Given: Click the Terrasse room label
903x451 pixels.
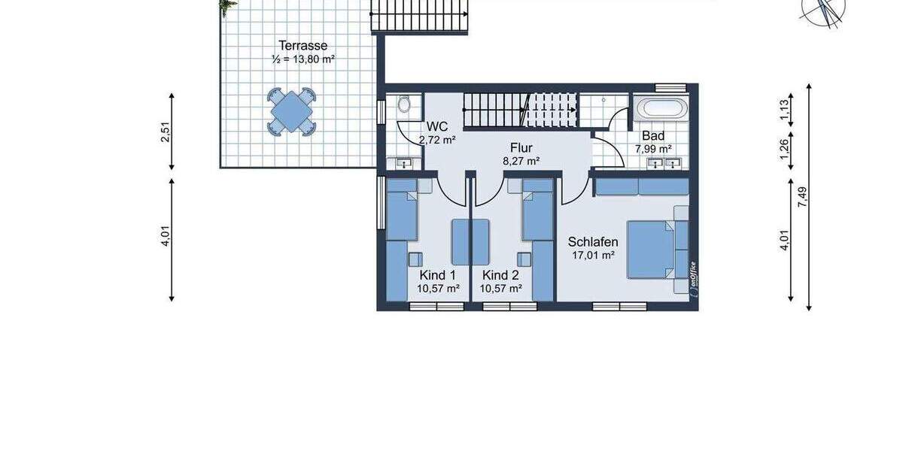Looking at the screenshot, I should pyautogui.click(x=303, y=45).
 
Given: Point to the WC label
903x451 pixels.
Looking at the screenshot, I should pyautogui.click(x=437, y=126).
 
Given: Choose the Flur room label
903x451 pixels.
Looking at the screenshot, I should pyautogui.click(x=521, y=147).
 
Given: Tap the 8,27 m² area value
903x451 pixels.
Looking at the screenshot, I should pyautogui.click(x=521, y=161).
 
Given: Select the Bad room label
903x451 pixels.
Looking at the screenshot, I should pyautogui.click(x=653, y=136).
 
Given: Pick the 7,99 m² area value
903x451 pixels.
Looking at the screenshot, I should pyautogui.click(x=653, y=149).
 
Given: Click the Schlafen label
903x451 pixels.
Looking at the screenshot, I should pyautogui.click(x=593, y=242).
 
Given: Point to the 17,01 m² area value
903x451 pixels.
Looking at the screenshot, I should pyautogui.click(x=593, y=256).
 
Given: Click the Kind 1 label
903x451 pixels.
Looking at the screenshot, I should pyautogui.click(x=438, y=275).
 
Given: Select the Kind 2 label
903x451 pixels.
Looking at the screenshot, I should pyautogui.click(x=501, y=275).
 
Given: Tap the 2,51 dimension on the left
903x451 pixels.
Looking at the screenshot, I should pyautogui.click(x=166, y=132).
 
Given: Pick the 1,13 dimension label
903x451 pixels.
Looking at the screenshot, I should pyautogui.click(x=784, y=110).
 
